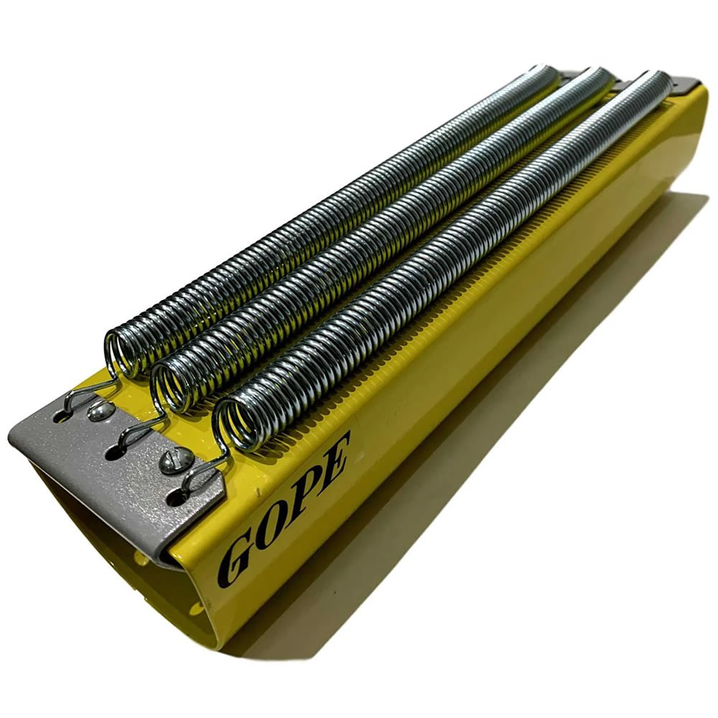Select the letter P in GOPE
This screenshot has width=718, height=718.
point(305,491)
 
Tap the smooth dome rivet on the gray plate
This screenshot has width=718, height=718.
point(101,411)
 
